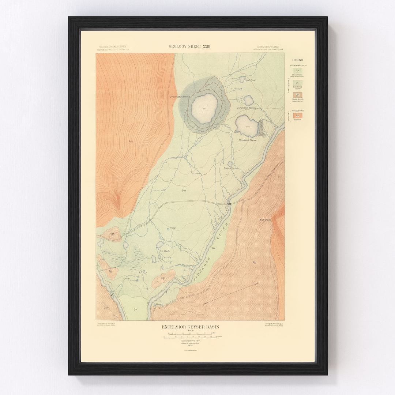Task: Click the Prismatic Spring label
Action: tap(180, 97)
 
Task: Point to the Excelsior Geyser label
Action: tap(248, 140)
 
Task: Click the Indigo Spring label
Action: tap(230, 168)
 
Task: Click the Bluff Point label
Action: tap(260, 220)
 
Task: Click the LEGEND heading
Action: tap(297, 60)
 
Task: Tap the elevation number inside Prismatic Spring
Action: tap(204, 109)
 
